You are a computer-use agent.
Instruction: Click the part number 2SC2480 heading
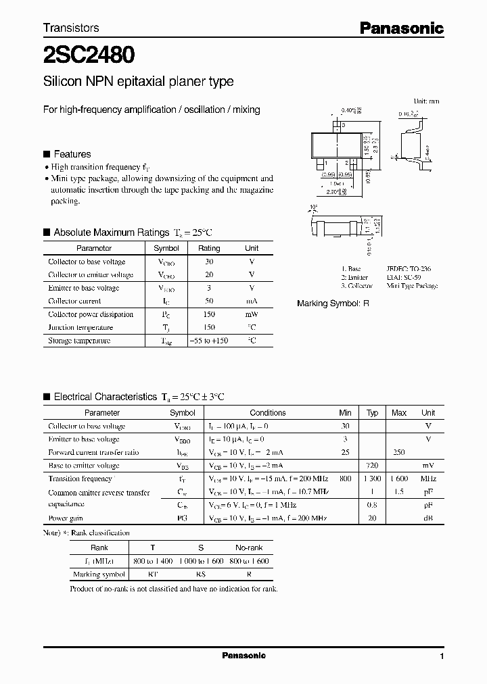click(x=88, y=53)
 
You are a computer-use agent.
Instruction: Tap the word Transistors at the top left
click(x=71, y=28)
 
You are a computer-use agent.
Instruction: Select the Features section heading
click(x=72, y=154)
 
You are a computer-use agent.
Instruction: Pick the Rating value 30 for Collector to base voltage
click(x=209, y=262)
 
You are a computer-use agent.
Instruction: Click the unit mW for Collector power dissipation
click(x=252, y=314)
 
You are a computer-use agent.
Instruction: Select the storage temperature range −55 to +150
click(x=209, y=341)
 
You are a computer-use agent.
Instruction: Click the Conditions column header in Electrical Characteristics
click(x=267, y=412)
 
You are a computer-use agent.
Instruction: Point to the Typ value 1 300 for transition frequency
click(x=372, y=479)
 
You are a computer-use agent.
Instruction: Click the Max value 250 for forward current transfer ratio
click(x=399, y=452)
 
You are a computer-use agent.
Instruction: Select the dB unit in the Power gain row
click(x=428, y=518)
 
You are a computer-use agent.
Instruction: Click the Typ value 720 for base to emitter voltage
click(x=372, y=466)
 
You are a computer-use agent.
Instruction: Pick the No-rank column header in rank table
click(x=249, y=547)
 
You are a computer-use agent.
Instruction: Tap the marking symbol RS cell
click(x=202, y=575)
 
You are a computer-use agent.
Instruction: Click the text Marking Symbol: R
click(x=333, y=303)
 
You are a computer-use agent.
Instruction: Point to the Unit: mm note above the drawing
click(x=426, y=101)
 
